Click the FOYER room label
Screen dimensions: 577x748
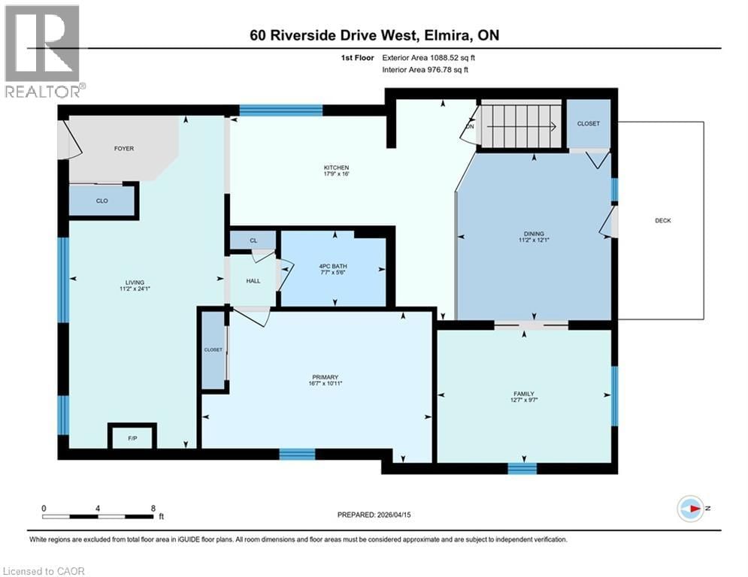tap(124, 149)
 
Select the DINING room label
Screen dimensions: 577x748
tap(534, 234)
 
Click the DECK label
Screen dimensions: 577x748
tap(662, 220)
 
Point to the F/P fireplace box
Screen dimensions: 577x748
tap(132, 437)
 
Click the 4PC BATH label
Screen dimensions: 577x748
tap(332, 266)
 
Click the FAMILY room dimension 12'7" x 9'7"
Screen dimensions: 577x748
tap(524, 400)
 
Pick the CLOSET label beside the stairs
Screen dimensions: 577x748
tap(588, 124)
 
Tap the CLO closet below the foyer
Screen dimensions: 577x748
tap(103, 201)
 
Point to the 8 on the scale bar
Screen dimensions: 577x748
tap(153, 508)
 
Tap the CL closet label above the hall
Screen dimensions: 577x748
tap(253, 240)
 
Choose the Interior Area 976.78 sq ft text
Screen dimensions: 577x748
tap(425, 70)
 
